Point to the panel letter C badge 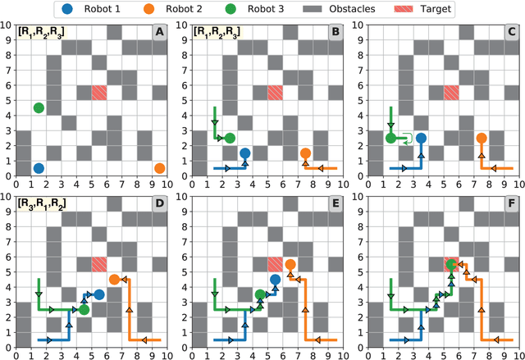[x=510, y=32]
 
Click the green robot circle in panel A [x=39, y=108]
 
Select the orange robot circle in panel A [x=159, y=168]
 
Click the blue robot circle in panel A [x=39, y=168]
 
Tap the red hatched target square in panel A [x=99, y=93]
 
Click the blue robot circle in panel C [x=421, y=139]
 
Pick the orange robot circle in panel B [x=305, y=153]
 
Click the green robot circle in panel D [x=84, y=309]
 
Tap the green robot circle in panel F [x=450, y=264]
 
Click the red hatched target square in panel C [x=450, y=93]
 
